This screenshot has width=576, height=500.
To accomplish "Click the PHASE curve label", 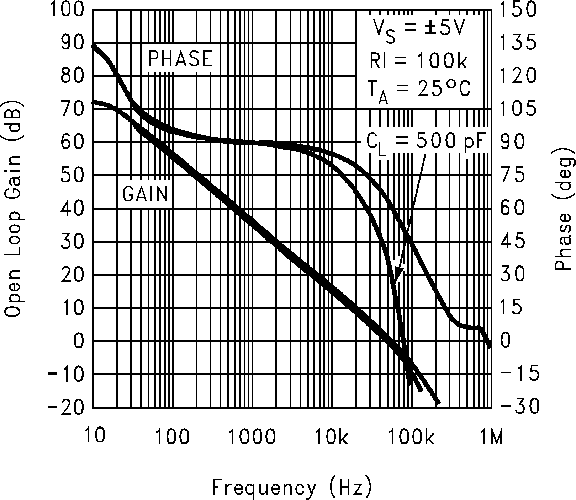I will (180, 59).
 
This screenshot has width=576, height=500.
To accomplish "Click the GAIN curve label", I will (145, 194).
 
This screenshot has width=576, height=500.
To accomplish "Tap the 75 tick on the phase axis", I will (512, 176).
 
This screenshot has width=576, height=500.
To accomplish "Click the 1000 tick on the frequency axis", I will (252, 437).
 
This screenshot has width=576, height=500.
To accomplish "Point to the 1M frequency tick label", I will (491, 437).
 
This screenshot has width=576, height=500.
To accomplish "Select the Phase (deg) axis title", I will (564, 208).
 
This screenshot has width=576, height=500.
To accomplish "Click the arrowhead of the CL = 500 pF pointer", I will (399, 276).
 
